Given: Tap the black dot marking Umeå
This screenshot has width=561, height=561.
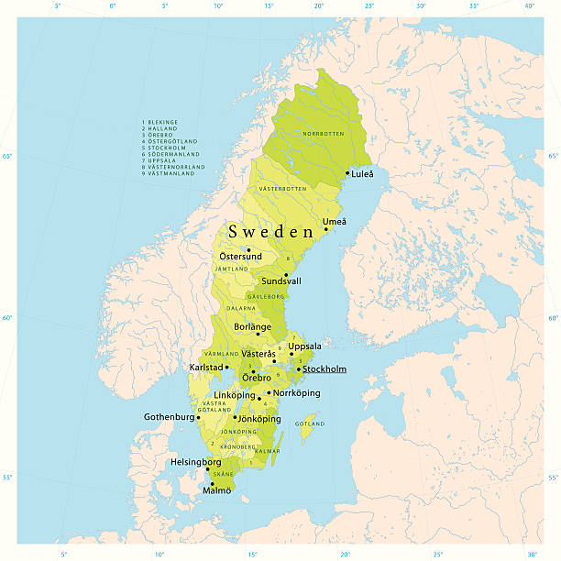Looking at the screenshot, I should (x=325, y=229).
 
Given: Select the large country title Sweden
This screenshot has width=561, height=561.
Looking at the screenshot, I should (x=271, y=232).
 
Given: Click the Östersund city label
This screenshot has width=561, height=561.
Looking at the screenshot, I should (x=240, y=257).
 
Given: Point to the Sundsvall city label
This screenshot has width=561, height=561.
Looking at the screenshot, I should (x=280, y=281).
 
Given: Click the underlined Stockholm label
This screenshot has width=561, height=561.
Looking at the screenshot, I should (x=324, y=369).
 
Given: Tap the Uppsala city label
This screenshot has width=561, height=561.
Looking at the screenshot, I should (x=305, y=346).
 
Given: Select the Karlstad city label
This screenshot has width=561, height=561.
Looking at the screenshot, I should (x=206, y=368).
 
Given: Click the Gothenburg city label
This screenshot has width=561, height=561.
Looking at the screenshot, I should (x=170, y=417).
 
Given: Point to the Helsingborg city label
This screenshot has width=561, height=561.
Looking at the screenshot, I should (x=195, y=462).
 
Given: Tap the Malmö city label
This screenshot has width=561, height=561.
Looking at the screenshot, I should (x=216, y=490).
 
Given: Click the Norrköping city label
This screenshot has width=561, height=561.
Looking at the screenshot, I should (x=297, y=393).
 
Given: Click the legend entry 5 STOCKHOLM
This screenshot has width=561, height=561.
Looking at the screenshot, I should (x=167, y=147).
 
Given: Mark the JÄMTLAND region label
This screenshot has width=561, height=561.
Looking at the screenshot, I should (x=231, y=269).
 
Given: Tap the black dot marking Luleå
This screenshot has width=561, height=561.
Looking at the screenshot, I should (x=347, y=172).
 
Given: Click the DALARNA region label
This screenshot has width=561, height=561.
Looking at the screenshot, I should (x=241, y=309).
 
